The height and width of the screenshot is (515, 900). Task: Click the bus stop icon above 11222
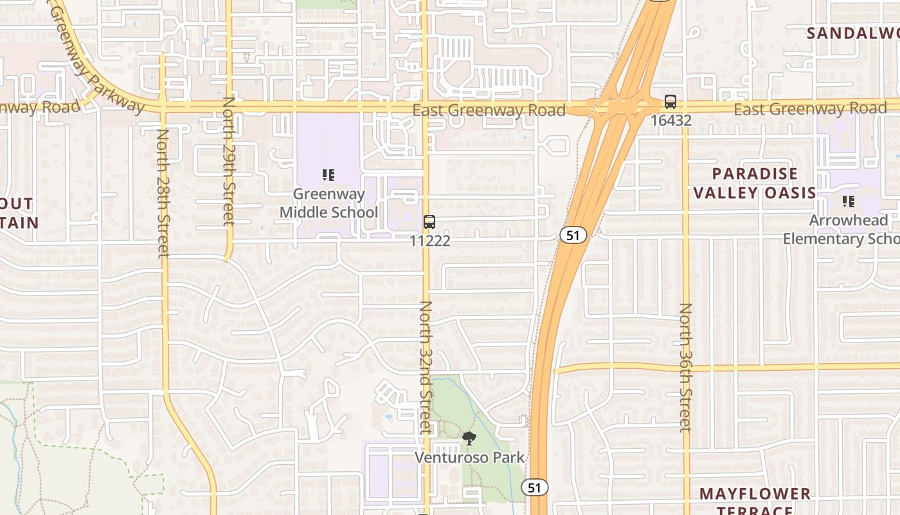click(429, 222)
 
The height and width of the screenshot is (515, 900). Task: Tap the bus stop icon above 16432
click(670, 102)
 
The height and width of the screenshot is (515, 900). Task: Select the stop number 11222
click(430, 241)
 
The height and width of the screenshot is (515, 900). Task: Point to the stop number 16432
click(670, 120)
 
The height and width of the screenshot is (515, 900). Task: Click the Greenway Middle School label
click(328, 203)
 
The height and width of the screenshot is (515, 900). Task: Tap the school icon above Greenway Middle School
click(328, 174)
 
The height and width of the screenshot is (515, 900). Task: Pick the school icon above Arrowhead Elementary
click(849, 201)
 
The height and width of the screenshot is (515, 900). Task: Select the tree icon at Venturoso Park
click(469, 439)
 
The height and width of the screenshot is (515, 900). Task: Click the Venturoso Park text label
click(469, 458)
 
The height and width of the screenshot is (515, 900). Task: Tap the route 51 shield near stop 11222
click(573, 236)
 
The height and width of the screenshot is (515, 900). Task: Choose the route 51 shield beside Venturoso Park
click(535, 487)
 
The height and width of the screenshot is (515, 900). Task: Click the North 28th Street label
click(163, 193)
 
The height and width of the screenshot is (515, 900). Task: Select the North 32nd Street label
click(426, 367)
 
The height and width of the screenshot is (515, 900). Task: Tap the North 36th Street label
click(686, 367)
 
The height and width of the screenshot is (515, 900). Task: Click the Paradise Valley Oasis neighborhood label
click(755, 183)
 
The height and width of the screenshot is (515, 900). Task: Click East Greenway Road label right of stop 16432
click(810, 109)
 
